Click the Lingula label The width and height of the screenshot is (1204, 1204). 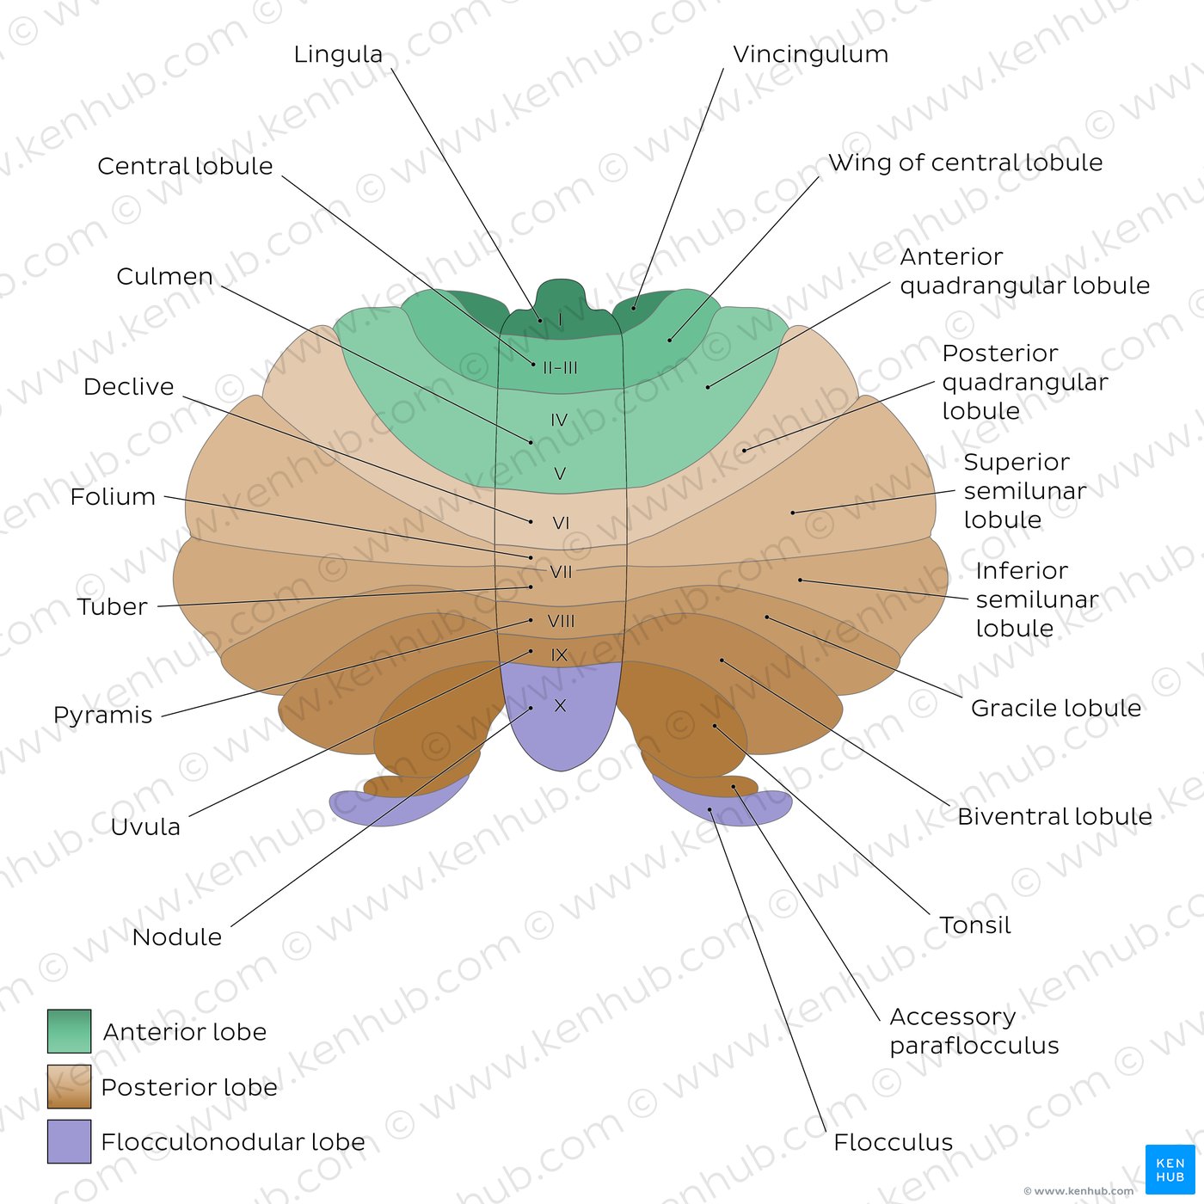(338, 54)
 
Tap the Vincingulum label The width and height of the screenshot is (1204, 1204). (810, 54)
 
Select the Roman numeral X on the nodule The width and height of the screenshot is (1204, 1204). (560, 705)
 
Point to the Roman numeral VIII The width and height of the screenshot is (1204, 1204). (561, 621)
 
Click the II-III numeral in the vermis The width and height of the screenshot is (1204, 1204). (560, 367)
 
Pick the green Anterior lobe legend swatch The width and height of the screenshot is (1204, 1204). (70, 1031)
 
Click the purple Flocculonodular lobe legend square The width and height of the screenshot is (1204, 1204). (70, 1141)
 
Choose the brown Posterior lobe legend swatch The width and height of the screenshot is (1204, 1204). (70, 1086)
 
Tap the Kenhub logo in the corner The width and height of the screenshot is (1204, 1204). (1170, 1170)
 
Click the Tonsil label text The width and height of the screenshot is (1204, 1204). (974, 925)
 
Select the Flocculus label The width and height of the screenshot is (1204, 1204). (893, 1143)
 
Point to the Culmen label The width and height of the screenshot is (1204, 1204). (164, 276)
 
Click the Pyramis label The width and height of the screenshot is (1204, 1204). (102, 716)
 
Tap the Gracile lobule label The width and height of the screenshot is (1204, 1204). (1056, 708)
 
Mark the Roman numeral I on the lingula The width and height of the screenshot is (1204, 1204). (560, 320)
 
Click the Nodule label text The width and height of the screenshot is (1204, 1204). (177, 937)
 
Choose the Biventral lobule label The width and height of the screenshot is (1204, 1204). (1054, 817)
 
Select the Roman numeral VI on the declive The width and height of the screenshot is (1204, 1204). (561, 523)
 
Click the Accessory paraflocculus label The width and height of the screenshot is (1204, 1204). (974, 1031)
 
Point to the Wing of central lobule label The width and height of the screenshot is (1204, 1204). (965, 163)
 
